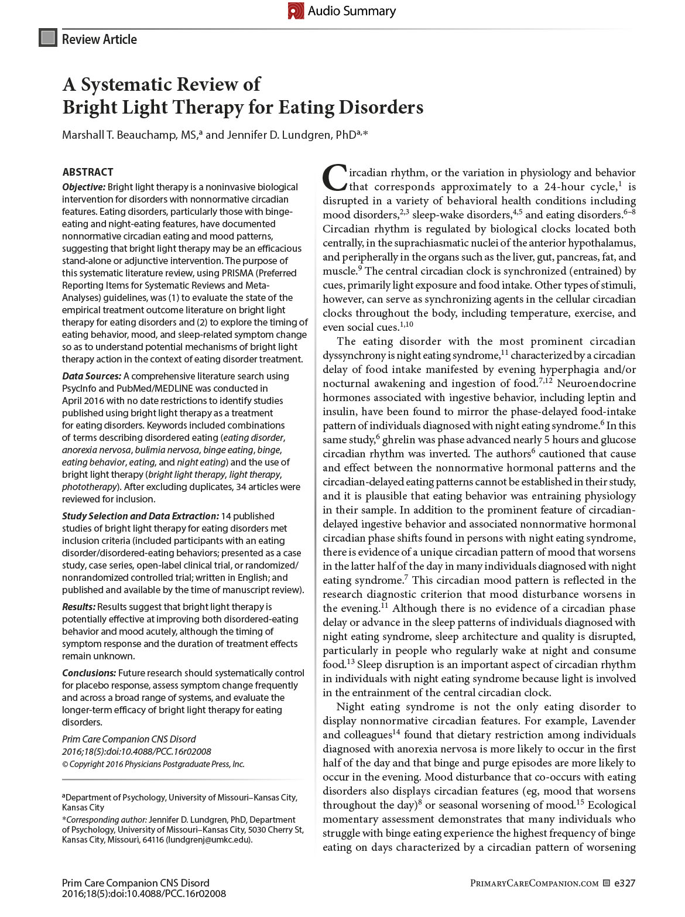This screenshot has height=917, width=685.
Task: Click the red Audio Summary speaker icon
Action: point(296,11)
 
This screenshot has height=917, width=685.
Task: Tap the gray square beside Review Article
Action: point(47,39)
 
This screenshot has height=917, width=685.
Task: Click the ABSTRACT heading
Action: point(88,172)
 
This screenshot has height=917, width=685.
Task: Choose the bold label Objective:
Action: point(84,187)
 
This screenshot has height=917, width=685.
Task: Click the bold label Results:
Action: point(78,607)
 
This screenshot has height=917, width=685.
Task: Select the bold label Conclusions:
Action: point(90,673)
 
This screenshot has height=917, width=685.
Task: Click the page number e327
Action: point(625,883)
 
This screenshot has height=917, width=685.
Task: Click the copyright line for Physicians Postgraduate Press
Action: point(153,764)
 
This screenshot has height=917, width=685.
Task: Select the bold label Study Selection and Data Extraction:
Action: point(141,516)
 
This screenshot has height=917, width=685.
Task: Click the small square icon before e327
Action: point(607,883)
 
